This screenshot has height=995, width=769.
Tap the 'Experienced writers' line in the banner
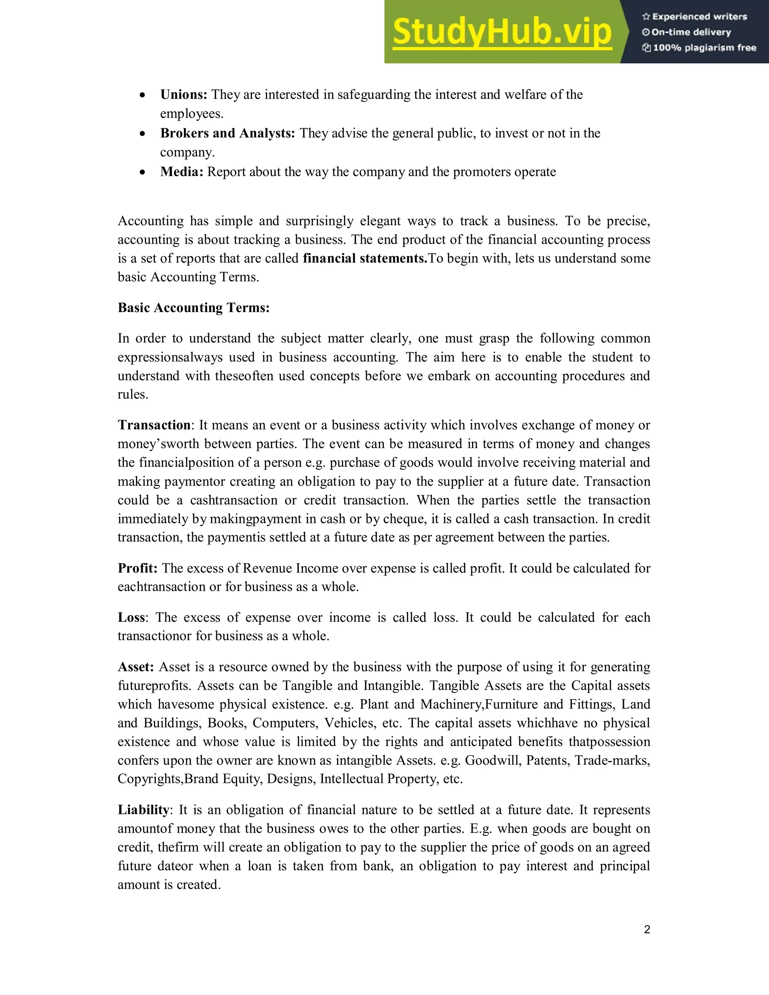click(694, 17)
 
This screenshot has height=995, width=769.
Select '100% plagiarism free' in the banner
click(699, 48)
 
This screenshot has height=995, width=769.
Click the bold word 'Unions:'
click(184, 94)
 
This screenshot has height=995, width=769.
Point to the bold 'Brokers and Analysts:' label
click(227, 133)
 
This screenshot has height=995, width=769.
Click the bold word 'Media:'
click(181, 172)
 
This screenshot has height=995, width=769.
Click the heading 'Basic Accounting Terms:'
click(194, 308)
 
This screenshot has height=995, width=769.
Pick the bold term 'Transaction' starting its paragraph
click(154, 425)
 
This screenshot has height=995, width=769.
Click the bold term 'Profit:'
click(137, 568)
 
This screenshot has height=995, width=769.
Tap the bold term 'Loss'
click(131, 617)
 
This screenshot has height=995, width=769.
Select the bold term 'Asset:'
click(136, 667)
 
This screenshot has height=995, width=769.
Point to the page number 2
click(647, 929)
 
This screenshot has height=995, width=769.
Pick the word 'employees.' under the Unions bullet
click(192, 114)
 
